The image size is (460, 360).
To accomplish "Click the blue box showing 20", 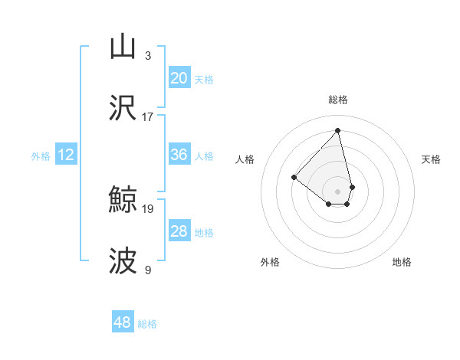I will pos(179,78).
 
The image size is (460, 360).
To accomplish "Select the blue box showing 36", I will pos(179,155).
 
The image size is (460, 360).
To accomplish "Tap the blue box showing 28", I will pos(179,231).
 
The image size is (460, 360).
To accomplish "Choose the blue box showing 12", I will pos(66,155).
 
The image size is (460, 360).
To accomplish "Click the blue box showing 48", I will pos(123,322).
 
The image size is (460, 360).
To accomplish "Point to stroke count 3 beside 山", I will pos(148,56).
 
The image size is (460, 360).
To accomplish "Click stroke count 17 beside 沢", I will pos(148,117).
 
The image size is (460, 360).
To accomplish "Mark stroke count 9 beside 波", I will pos(148,270).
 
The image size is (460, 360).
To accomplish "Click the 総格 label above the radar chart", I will pos(338,100).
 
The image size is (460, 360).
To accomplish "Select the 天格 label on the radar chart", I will pos(431,159).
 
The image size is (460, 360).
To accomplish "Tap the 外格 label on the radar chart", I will pos(271,263).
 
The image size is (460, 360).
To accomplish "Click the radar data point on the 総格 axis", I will pos(338,129).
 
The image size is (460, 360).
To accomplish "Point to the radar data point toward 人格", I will pos(294,178).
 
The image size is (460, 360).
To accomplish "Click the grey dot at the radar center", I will pos(338,191).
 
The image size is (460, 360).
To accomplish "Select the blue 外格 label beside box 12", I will pos(41,156).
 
